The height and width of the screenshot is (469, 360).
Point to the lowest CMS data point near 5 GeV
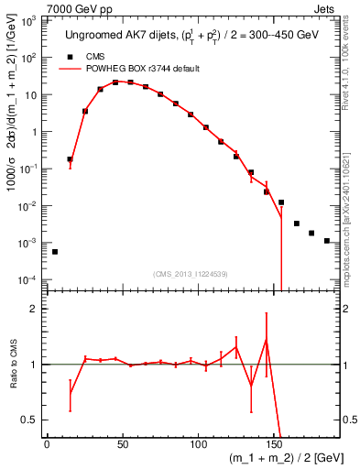coord(55,251)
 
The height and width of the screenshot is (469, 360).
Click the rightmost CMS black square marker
coord(327,241)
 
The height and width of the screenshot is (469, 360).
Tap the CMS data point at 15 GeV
coord(70,159)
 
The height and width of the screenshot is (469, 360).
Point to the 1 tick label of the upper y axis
coord(35,131)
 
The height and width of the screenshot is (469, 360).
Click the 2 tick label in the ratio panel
coord(37,310)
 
